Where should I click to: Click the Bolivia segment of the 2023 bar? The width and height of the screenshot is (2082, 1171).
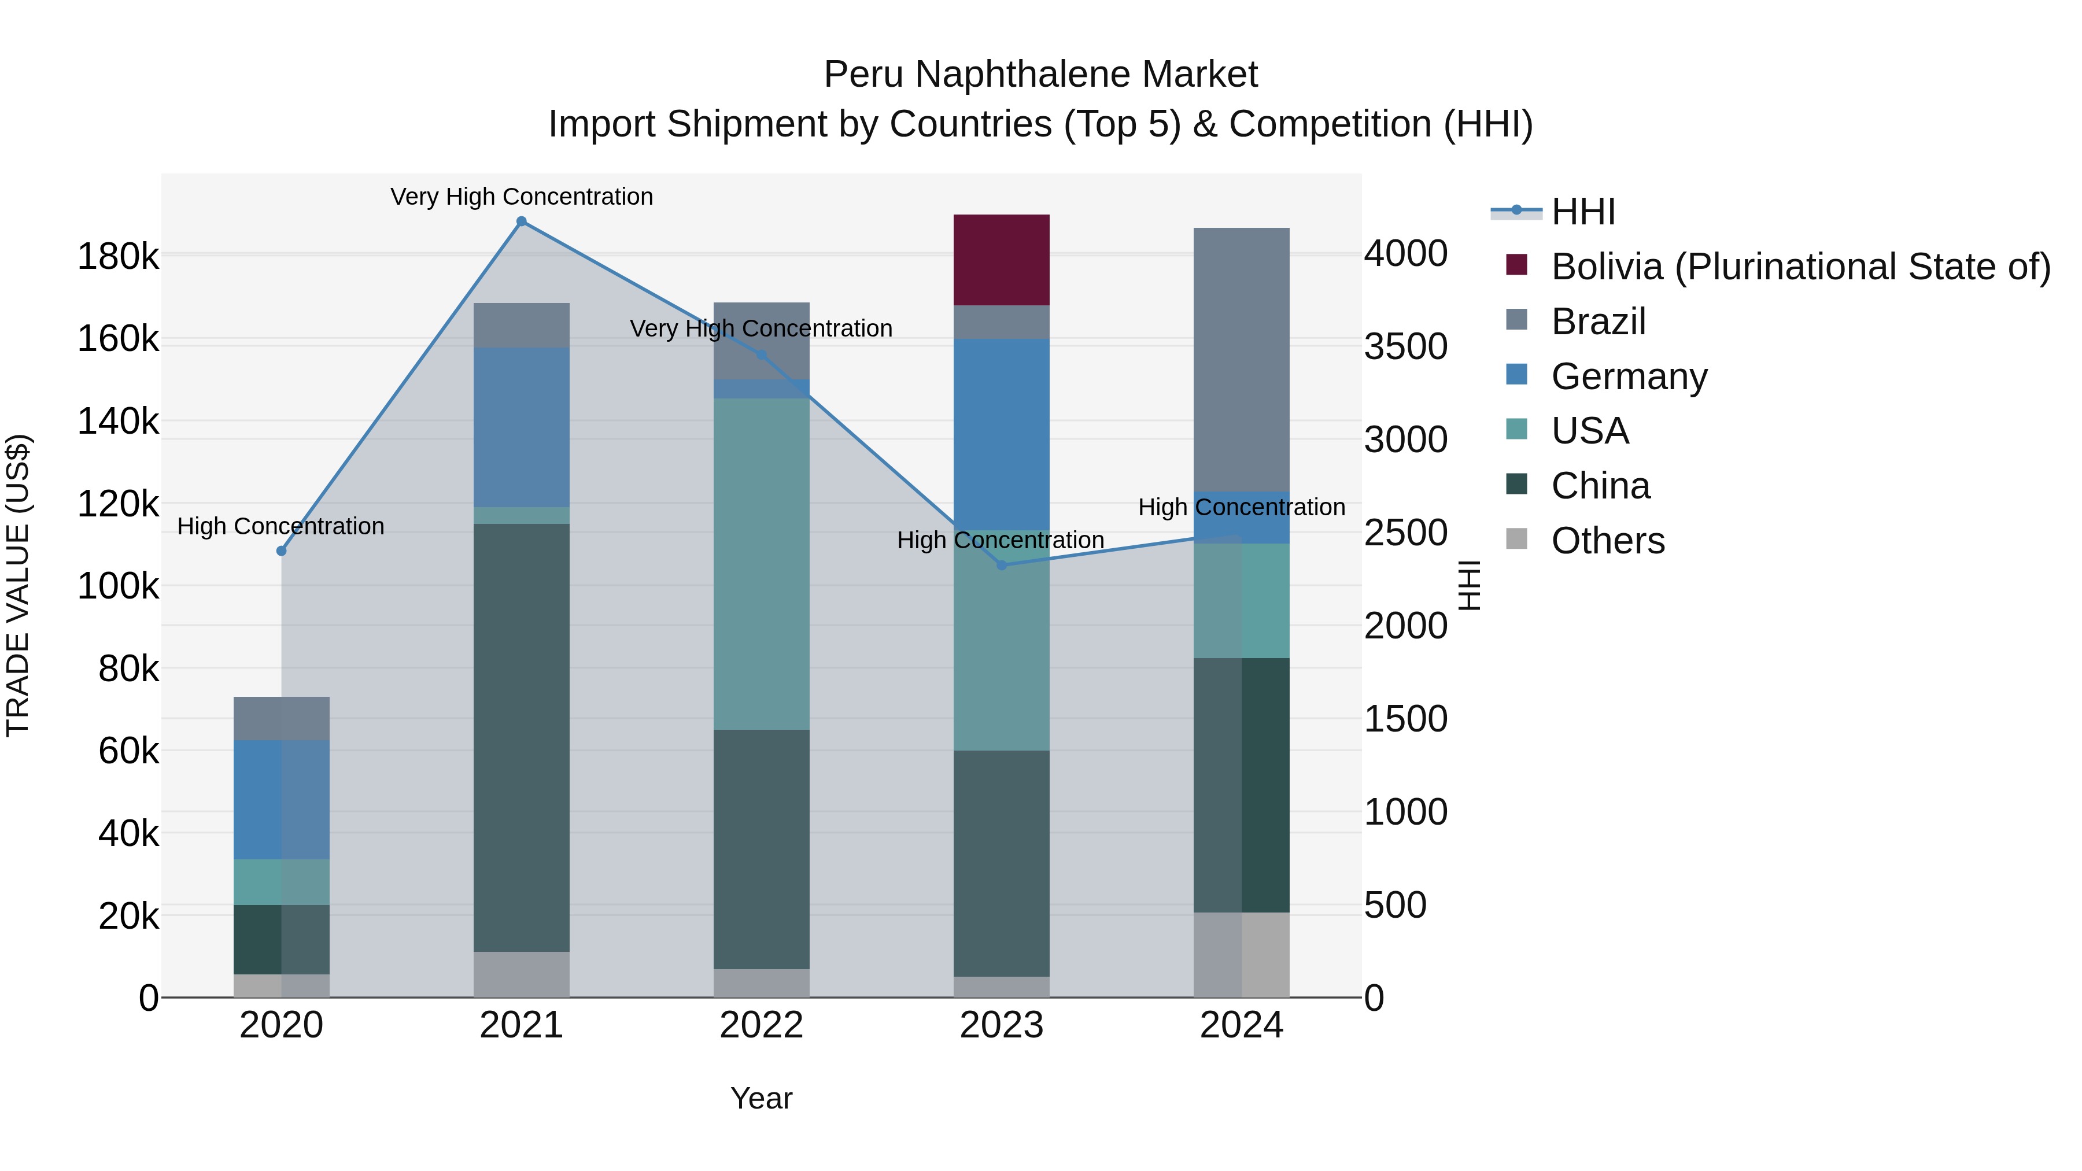coord(1002,260)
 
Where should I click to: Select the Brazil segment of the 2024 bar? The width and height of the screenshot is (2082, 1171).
coord(1242,360)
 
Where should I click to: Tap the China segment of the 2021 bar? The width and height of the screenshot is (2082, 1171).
coord(521,737)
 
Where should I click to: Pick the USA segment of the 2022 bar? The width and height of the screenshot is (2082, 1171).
coord(761,563)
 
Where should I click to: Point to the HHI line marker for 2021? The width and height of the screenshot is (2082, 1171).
coord(521,221)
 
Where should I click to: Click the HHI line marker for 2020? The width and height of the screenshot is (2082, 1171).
coord(281,551)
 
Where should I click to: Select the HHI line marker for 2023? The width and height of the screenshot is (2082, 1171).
coord(1002,565)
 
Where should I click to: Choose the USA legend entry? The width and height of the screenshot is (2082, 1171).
coord(1589,431)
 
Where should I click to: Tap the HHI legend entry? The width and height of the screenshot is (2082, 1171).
coord(1582,212)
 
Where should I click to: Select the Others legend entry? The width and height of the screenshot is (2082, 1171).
coord(1607,541)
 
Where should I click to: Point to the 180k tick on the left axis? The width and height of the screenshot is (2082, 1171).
coord(118,257)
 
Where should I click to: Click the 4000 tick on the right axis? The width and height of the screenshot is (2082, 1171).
coord(1405,254)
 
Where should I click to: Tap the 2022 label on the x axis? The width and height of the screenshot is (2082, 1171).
coord(761,1025)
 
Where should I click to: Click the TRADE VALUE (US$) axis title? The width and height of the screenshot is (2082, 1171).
coord(18,585)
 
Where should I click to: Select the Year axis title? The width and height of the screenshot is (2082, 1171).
coord(761,1098)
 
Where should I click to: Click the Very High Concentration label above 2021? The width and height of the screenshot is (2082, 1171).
coord(521,197)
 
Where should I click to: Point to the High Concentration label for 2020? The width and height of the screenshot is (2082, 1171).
coord(280,526)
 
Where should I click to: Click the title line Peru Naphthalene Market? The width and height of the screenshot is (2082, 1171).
coord(1040,75)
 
